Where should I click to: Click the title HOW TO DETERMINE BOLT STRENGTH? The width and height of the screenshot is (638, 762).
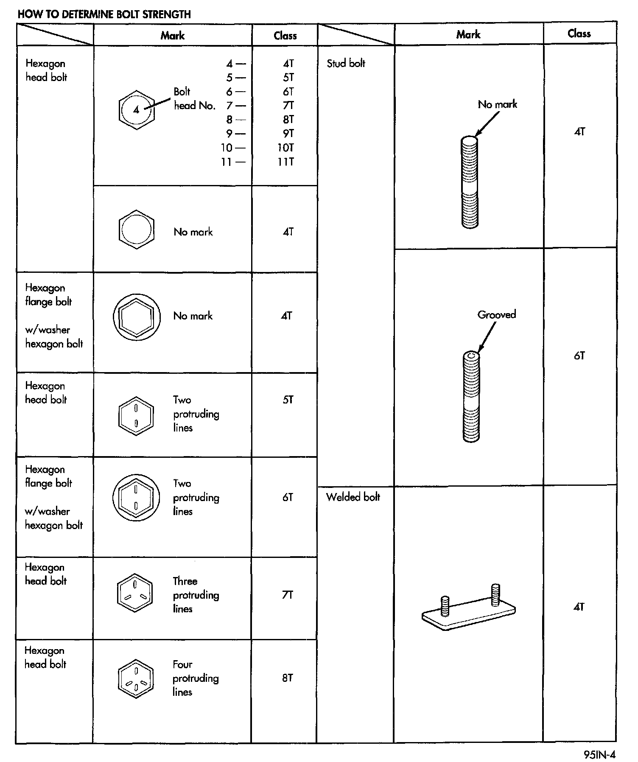coord(104,14)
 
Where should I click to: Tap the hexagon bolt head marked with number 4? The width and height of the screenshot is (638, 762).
coord(136,110)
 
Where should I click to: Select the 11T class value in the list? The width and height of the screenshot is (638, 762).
coord(285,162)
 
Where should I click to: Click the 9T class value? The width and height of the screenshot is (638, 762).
coord(288,134)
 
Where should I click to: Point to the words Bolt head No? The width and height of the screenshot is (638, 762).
coord(194,98)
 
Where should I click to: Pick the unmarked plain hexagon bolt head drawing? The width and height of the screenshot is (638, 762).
coord(136,230)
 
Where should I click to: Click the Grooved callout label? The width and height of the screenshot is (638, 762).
coord(496,314)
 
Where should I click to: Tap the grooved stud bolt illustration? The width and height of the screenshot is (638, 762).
coord(471,397)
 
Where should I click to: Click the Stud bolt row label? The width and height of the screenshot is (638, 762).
coord(346,63)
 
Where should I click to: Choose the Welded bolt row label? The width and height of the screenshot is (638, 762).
coord(353,497)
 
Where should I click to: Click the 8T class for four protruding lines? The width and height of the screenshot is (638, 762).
coord(287,678)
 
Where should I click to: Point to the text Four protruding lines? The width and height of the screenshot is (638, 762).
coord(195,678)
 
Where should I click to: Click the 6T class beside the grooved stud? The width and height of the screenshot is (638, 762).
coord(579,356)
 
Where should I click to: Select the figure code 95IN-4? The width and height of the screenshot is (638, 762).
coord(599,755)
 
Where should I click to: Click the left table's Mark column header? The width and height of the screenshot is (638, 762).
coord(172,36)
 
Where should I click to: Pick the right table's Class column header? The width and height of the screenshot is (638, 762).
coord(579,34)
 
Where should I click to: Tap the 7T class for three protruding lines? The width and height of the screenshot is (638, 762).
coord(287,595)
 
